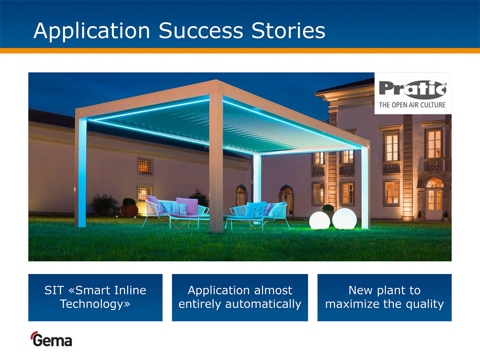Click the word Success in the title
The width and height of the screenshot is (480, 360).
pyautogui.click(x=201, y=31)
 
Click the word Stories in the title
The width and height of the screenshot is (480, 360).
pyautogui.click(x=288, y=31)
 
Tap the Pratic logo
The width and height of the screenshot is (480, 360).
pyautogui.click(x=413, y=90)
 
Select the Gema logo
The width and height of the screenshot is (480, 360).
pyautogui.click(x=51, y=339)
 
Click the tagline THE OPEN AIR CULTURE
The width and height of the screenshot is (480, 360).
pyautogui.click(x=412, y=105)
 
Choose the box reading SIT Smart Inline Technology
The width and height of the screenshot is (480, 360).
pyautogui.click(x=95, y=298)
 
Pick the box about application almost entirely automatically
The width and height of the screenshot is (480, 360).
pyautogui.click(x=240, y=298)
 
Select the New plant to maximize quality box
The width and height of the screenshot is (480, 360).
pyautogui.click(x=384, y=298)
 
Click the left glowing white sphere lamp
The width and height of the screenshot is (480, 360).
pyautogui.click(x=320, y=220)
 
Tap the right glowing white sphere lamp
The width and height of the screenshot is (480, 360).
pyautogui.click(x=345, y=219)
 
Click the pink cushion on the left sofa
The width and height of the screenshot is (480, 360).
pyautogui.click(x=187, y=206)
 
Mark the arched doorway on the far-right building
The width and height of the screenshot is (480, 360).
pyautogui.click(x=434, y=199)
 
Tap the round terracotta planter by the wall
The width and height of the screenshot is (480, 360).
pyautogui.click(x=129, y=211)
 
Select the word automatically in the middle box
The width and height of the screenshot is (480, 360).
pyautogui.click(x=263, y=304)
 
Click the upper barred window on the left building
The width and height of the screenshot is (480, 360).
pyautogui.click(x=145, y=167)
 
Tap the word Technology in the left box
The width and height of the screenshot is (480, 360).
pyautogui.click(x=95, y=304)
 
